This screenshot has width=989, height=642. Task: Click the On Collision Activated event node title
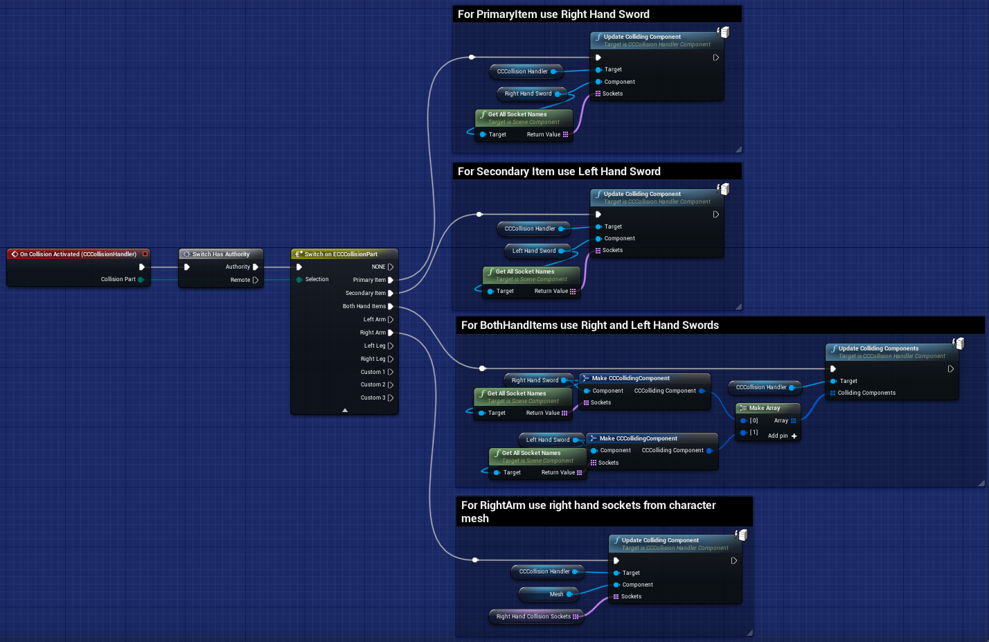coord(78,254)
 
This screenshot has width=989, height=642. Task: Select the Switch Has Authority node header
coord(220,254)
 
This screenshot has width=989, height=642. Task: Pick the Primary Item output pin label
coord(369,280)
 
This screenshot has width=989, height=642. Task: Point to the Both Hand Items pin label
coord(364,306)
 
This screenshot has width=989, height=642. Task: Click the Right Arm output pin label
coord(373,332)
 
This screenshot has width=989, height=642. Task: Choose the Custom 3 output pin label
coord(373,398)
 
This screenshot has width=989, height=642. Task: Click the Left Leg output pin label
coord(374,346)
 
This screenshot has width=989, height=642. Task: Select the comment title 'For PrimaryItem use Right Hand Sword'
coord(553,15)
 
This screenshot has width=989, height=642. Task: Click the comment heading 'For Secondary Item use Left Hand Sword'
coord(559,172)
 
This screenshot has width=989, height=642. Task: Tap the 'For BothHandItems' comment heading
coord(589,326)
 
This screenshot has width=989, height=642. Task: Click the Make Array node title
coord(764,408)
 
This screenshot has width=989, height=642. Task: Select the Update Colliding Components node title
coord(878,348)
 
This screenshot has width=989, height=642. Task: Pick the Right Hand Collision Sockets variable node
coord(533,616)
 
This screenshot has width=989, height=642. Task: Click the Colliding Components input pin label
coord(866,393)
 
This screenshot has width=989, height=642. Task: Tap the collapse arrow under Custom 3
coord(345,410)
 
